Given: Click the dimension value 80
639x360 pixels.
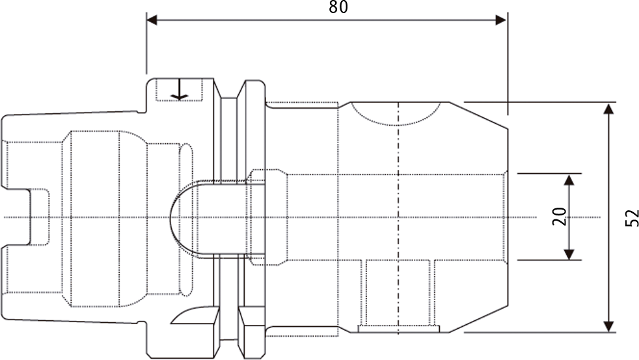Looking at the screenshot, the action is coord(338,7).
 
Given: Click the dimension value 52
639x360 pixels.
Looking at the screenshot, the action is coord(632,218).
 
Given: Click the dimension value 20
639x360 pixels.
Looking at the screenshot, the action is coord(560,217).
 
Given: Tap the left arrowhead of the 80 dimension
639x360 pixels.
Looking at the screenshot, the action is coord(152,20).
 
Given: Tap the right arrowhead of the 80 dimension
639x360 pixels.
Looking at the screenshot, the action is coord(501,20).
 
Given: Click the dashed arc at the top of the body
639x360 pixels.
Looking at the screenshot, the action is coord(396,117).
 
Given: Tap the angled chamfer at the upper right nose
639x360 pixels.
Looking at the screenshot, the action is coord(478,115).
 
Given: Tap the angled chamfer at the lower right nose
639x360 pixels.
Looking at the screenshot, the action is coord(478,319).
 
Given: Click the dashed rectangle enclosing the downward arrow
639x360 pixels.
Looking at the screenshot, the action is coord(180,90).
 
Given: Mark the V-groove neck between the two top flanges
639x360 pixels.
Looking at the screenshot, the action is coord(229,98).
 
